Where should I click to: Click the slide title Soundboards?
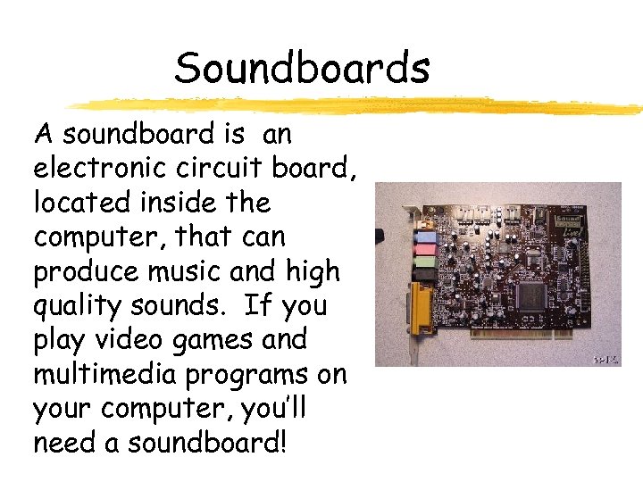[x=302, y=68]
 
